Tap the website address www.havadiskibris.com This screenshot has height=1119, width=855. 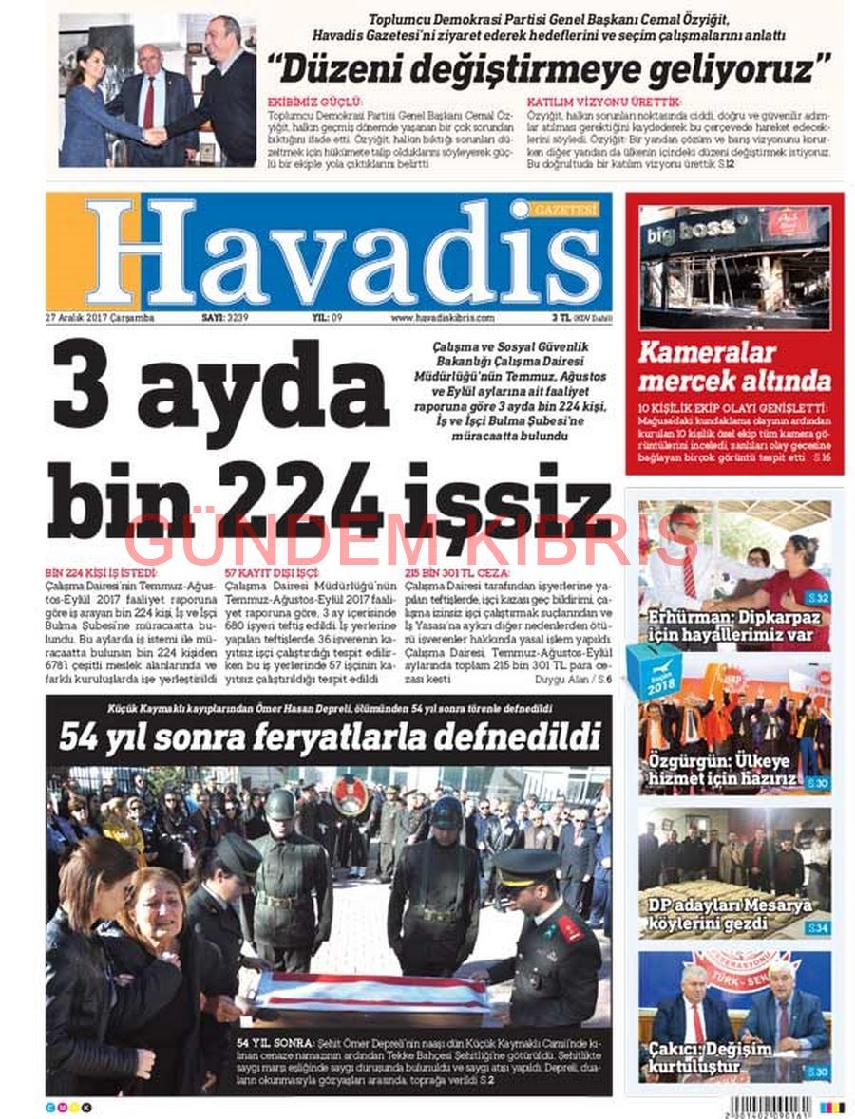(x=442, y=318)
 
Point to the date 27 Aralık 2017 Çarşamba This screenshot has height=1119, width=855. (x=100, y=318)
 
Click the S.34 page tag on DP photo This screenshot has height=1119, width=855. (x=816, y=927)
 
